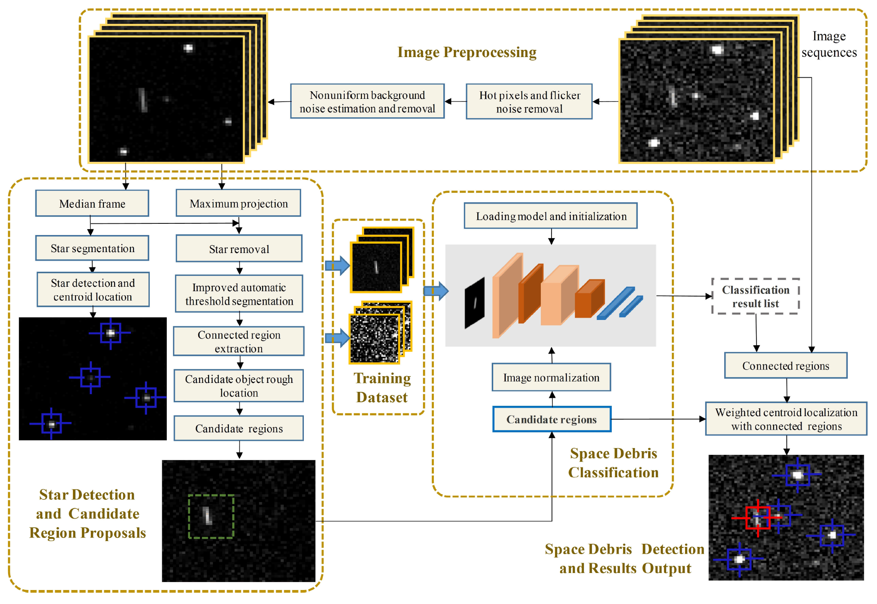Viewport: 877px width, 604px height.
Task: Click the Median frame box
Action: pos(92,204)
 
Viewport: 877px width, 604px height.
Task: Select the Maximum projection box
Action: pos(238,203)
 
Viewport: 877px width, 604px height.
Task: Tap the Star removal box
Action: pos(239,249)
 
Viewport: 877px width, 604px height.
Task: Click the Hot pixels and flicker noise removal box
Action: pos(529,102)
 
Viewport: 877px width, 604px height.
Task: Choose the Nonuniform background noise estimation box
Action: pos(367,102)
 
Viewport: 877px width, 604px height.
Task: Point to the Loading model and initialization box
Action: pos(551,216)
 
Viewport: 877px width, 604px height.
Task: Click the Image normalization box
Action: pos(551,377)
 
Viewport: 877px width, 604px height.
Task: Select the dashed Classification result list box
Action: pos(755,297)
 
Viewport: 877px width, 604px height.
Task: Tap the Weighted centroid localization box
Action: pos(786,419)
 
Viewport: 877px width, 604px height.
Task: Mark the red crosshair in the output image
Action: pos(757,518)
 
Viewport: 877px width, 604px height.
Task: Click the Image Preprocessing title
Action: pos(467,52)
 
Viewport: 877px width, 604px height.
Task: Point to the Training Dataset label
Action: pos(382,387)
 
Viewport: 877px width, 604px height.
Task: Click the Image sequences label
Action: pos(829,44)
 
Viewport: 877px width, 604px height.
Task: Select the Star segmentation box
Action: pos(92,249)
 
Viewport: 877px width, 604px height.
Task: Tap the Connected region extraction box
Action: pos(239,342)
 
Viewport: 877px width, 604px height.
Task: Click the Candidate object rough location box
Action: pos(239,386)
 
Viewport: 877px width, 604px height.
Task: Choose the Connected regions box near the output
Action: pos(785,366)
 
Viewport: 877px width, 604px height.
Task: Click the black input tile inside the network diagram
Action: pos(474,303)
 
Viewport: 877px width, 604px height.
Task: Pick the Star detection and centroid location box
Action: pos(93,290)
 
